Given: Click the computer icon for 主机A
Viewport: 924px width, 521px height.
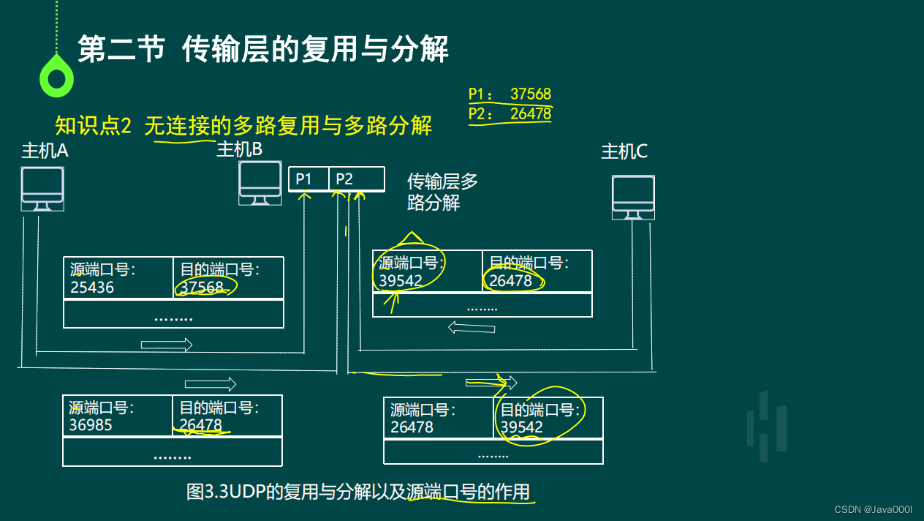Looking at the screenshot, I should (42, 189).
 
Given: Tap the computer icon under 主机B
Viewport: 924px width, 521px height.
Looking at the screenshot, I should (260, 183).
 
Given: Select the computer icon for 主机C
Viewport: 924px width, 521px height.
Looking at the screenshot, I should (633, 197).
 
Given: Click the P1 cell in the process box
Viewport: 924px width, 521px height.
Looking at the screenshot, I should (308, 179).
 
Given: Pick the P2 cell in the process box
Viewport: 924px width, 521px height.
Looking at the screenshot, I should (356, 179).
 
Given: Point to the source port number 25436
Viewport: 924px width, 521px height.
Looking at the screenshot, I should (92, 288).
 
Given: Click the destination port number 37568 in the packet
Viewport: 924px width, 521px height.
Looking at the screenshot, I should (202, 288).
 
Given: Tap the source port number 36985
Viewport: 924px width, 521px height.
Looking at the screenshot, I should (91, 425).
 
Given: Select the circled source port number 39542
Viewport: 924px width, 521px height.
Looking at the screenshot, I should (401, 281).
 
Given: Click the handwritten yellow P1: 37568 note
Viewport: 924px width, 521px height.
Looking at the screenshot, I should (510, 94).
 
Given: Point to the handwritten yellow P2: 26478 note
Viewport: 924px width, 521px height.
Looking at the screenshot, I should (510, 113).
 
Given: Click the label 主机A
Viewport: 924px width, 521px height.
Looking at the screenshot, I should (45, 151).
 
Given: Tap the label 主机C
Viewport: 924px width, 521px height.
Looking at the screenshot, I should (624, 151).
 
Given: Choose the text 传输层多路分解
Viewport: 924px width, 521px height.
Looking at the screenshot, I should (442, 192).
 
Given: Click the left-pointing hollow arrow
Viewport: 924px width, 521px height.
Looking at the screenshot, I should (472, 329).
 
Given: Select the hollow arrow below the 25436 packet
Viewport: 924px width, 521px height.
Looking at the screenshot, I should (167, 345).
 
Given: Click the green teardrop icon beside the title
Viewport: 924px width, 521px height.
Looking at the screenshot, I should (56, 77).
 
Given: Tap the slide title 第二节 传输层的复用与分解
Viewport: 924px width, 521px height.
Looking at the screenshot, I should (263, 50).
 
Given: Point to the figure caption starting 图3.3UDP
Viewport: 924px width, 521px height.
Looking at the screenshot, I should (358, 492).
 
